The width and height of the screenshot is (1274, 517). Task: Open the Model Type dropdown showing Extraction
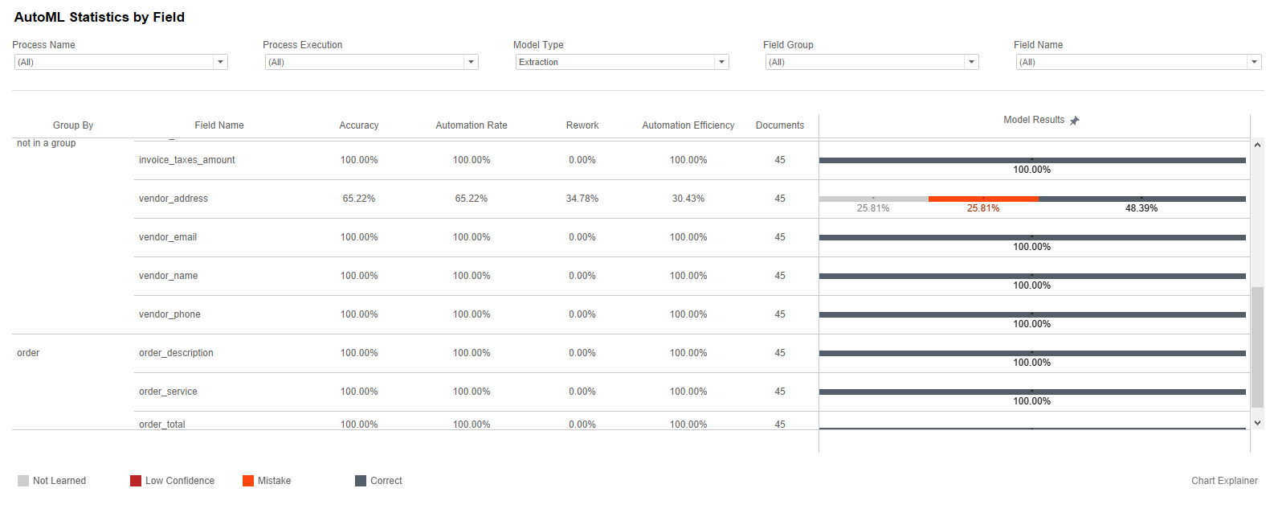pyautogui.click(x=622, y=62)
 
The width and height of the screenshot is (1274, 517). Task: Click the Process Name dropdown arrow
pyautogui.click(x=220, y=62)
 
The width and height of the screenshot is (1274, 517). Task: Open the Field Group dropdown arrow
pyautogui.click(x=971, y=62)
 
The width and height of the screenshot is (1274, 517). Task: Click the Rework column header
pyautogui.click(x=582, y=125)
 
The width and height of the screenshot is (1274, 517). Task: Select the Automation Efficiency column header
pyautogui.click(x=688, y=125)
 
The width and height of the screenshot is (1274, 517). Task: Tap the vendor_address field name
pyautogui.click(x=174, y=199)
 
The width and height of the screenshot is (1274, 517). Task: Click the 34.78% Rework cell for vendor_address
pyautogui.click(x=582, y=199)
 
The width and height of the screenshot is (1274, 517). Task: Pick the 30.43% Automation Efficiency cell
pyautogui.click(x=688, y=199)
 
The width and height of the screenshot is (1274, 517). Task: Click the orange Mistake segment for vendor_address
pyautogui.click(x=983, y=199)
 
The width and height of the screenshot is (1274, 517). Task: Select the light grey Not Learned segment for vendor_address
pyautogui.click(x=874, y=199)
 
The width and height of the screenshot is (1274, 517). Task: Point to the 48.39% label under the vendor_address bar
pyautogui.click(x=1141, y=208)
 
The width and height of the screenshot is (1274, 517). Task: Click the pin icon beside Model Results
pyautogui.click(x=1074, y=121)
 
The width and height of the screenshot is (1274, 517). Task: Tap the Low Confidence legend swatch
pyautogui.click(x=136, y=481)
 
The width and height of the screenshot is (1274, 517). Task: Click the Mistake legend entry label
pyautogui.click(x=274, y=481)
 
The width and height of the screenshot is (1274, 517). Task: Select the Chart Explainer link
pyautogui.click(x=1224, y=481)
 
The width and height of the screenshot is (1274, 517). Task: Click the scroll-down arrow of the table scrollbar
pyautogui.click(x=1257, y=423)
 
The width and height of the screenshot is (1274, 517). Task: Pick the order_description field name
pyautogui.click(x=176, y=353)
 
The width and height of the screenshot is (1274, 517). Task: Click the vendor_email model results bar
pyautogui.click(x=1032, y=237)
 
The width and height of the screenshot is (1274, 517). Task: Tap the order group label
pyautogui.click(x=28, y=353)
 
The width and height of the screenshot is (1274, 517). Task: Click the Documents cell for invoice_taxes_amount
pyautogui.click(x=780, y=160)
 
